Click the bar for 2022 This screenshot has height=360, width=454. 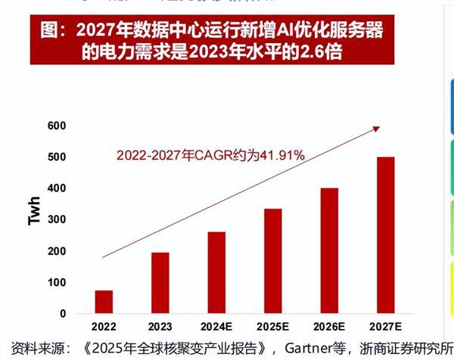point(104,302)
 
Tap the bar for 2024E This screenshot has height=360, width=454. point(216,272)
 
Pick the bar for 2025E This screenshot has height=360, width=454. point(272,261)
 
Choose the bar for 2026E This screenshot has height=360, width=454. point(329,251)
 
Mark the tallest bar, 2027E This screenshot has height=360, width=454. point(385,235)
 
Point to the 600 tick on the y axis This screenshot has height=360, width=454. point(57,126)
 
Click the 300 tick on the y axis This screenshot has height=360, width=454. point(57,219)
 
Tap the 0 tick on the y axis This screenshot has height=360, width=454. point(63,313)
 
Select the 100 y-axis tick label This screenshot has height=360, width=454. point(57,282)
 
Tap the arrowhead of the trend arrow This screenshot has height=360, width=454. point(376,129)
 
